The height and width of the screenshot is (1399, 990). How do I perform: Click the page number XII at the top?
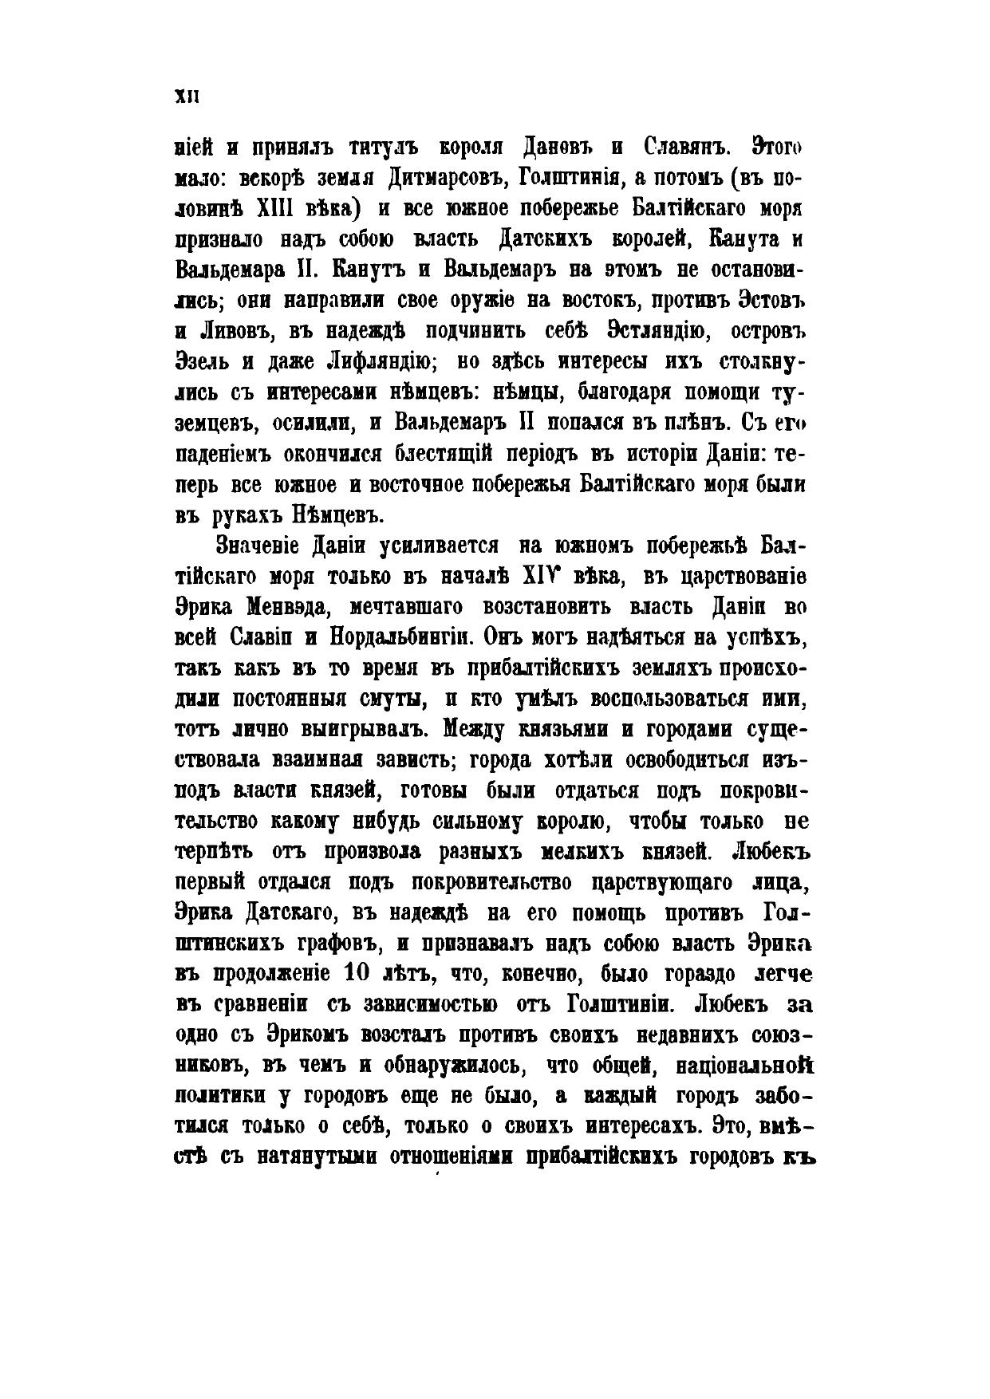pos(186,97)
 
